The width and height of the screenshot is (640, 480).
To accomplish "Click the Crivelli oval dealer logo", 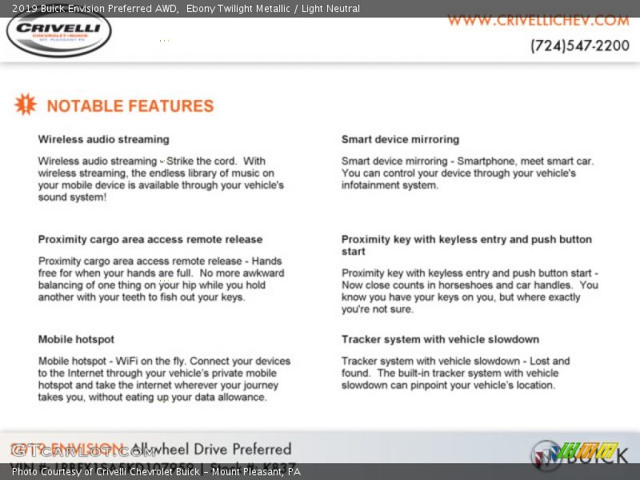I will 58,33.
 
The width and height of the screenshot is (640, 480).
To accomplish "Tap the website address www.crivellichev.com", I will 538,20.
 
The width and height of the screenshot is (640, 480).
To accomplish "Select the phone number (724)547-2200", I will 579,46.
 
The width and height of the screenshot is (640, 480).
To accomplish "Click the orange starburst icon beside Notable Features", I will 26,104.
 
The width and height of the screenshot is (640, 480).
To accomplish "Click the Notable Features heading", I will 130,106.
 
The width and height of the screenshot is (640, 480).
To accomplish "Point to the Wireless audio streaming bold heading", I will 103,139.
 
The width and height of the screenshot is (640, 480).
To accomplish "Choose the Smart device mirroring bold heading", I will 400,139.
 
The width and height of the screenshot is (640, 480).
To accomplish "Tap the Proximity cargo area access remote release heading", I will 150,239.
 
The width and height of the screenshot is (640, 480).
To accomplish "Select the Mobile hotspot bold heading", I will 76,339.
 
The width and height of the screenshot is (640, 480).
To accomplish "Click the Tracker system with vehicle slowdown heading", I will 440,339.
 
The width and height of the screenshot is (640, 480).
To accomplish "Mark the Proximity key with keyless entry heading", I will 466,245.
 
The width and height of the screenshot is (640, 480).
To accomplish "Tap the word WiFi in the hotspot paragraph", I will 127,361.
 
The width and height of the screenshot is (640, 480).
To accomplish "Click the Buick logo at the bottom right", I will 580,454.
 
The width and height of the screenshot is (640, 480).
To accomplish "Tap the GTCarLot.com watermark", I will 84,451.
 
